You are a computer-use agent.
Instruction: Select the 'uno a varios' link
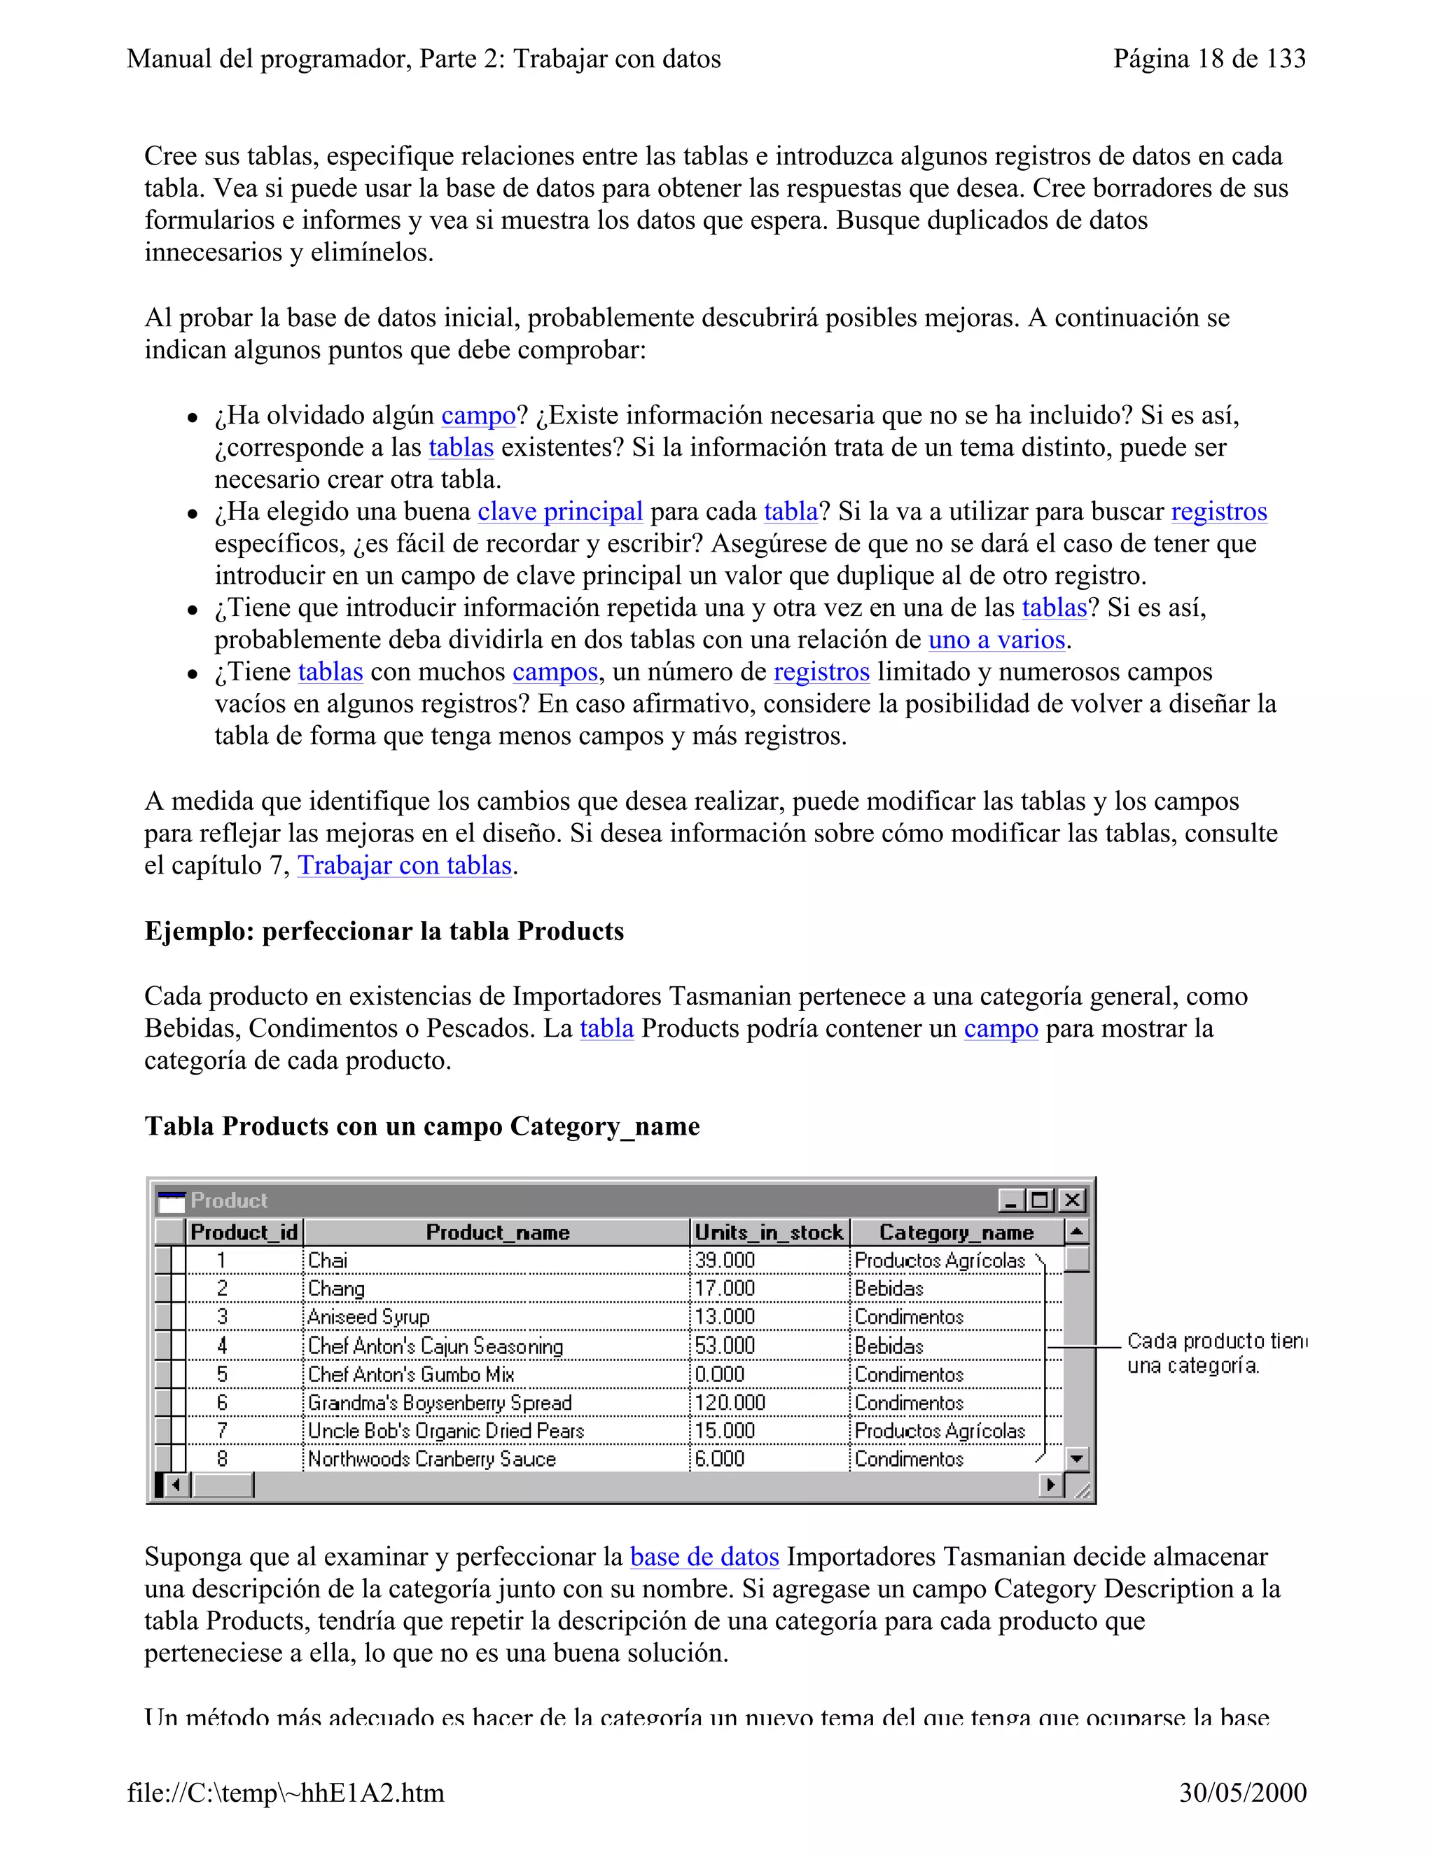click(996, 640)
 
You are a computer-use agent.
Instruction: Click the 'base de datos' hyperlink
click(704, 1557)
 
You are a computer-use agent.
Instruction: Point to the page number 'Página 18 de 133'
click(1209, 59)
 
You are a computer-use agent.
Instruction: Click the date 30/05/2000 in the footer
click(1242, 1793)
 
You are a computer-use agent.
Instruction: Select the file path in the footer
click(286, 1793)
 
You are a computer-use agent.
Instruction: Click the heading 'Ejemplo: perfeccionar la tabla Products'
click(384, 931)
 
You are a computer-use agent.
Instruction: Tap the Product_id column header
click(244, 1233)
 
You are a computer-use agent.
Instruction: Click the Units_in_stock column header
click(769, 1233)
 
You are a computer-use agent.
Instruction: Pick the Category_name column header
click(956, 1233)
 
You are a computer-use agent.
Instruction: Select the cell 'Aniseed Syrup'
click(369, 1317)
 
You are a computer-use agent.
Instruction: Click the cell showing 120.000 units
click(730, 1403)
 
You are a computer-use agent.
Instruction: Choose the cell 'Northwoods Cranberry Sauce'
click(431, 1459)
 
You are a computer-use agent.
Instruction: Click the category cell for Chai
click(939, 1261)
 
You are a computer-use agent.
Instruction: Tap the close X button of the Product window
click(1072, 1200)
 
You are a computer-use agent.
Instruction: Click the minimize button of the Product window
click(1010, 1200)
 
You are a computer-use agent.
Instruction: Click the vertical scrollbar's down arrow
click(1076, 1459)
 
